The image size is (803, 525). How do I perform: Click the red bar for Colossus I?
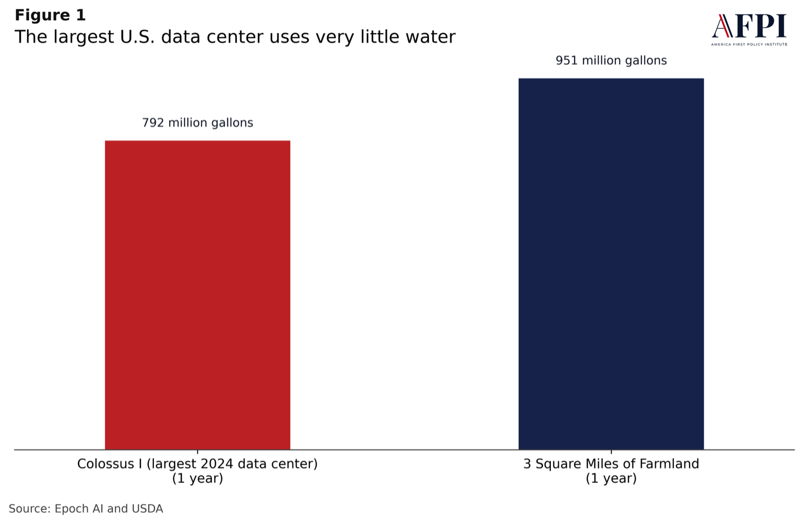(198, 295)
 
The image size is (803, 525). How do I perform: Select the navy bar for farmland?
(611, 264)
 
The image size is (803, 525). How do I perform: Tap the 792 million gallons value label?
(198, 122)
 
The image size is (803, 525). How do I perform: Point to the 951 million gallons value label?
(611, 61)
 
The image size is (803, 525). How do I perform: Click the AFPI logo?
(749, 29)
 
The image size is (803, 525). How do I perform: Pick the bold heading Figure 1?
(50, 15)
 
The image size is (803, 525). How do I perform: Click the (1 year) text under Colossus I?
(198, 478)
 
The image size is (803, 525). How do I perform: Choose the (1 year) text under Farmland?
(611, 478)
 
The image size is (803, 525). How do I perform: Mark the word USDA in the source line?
(147, 509)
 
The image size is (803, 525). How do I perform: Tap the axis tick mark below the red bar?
(198, 451)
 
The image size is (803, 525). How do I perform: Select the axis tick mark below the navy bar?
(611, 451)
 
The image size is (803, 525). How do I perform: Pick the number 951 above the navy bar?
(567, 61)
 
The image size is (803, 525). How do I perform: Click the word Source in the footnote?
(28, 509)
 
